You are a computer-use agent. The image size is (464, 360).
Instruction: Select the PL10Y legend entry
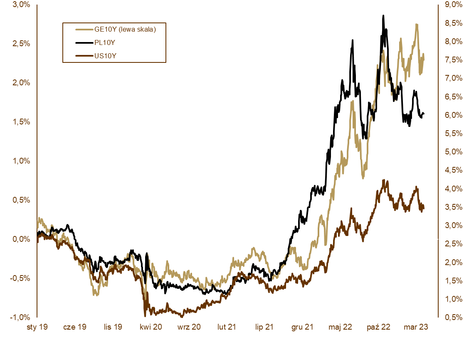pos(105,42)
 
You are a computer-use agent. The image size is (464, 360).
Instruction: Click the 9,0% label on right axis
pos(451,5)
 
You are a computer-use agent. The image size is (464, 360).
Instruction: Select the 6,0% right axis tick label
pos(451,115)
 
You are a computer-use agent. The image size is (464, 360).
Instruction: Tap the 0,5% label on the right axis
pos(451,317)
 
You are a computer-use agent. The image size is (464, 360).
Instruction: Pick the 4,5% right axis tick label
pos(451,170)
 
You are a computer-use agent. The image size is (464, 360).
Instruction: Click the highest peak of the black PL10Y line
pos(383,16)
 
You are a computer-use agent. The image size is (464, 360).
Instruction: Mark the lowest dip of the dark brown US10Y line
pos(145,315)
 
